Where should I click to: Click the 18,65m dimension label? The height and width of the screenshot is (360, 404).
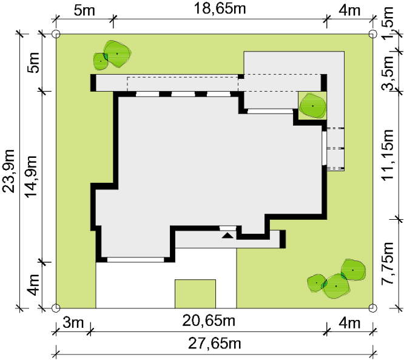coord(220,8)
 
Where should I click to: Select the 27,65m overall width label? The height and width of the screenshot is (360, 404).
coord(215,344)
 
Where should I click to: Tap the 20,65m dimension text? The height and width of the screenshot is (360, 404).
coord(209,321)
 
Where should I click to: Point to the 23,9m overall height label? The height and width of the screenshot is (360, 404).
coord(8,171)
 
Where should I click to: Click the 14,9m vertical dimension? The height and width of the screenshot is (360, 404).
coord(31,177)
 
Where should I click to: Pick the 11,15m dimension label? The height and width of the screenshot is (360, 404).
coord(388,155)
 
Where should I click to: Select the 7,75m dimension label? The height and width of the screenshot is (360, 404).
coord(388,263)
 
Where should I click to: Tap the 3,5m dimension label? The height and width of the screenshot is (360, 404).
coord(388,73)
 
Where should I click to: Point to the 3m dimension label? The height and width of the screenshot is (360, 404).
coord(73,323)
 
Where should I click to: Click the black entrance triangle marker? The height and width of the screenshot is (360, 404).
coord(227,235)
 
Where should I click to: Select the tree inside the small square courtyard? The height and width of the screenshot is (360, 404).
coord(313,106)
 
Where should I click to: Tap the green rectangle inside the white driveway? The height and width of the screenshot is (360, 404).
coord(195,294)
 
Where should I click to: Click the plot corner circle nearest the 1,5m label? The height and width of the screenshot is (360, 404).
coord(373,34)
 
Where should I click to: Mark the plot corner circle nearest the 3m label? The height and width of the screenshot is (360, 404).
coord(56,308)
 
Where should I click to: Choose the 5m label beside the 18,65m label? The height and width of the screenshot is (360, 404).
coord(84,10)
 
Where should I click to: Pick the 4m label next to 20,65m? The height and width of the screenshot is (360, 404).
coord(349,323)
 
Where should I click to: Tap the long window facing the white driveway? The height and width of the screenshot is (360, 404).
coord(135,259)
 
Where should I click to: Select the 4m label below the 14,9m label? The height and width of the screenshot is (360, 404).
coord(33,285)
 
